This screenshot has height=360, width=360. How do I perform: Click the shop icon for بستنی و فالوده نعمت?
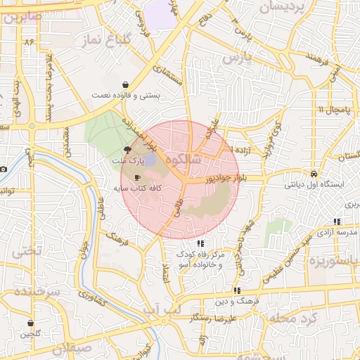pyautogui.click(x=125, y=84)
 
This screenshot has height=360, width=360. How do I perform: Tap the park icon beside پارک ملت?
pyautogui.click(x=127, y=149)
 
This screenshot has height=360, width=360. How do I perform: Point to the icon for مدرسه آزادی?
pyautogui.click(x=337, y=221)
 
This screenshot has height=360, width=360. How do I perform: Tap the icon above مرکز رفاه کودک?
pyautogui.click(x=201, y=243)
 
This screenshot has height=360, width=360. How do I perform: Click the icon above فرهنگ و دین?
pyautogui.click(x=237, y=290)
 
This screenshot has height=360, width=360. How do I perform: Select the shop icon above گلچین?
pyautogui.click(x=30, y=323)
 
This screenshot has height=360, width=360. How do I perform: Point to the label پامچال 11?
pyautogui.click(x=331, y=110)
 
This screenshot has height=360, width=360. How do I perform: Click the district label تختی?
pyautogui.click(x=29, y=250)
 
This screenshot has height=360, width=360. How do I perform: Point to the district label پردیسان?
pyautogui.click(x=285, y=8)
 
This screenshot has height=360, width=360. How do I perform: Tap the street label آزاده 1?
pyautogui.click(x=222, y=151)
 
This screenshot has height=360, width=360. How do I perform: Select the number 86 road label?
pyautogui.click(x=29, y=42)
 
